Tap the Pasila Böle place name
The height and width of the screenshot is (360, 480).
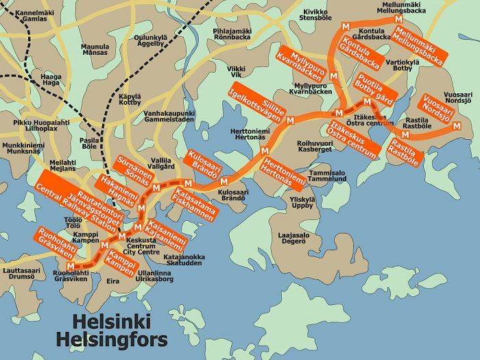90,143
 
